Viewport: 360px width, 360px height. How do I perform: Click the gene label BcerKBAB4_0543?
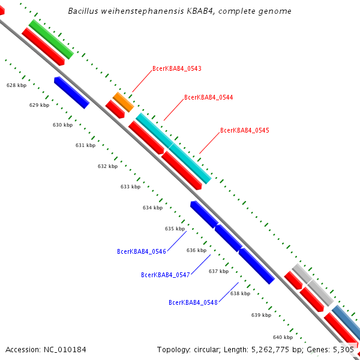[177, 68]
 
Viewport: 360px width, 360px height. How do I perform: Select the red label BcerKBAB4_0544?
[209, 97]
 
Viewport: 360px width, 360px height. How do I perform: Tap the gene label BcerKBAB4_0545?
[245, 130]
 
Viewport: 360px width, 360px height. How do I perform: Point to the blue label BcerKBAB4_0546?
[142, 251]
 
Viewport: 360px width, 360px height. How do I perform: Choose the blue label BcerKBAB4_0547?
[166, 275]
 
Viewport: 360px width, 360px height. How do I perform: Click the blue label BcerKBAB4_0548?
[193, 302]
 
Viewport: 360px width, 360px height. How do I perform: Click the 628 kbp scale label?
[16, 85]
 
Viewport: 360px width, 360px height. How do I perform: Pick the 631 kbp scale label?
[85, 145]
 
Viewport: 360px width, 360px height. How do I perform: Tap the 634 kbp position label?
[152, 208]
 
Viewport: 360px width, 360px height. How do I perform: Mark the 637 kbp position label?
[218, 271]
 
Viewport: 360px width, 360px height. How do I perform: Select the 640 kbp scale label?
[283, 337]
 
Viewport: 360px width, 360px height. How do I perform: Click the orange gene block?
[123, 102]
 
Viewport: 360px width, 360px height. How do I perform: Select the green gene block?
[51, 40]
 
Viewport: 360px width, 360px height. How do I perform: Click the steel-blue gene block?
[347, 322]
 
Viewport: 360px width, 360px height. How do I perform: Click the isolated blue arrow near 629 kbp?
[71, 92]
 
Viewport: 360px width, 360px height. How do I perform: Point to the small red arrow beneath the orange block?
[115, 109]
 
